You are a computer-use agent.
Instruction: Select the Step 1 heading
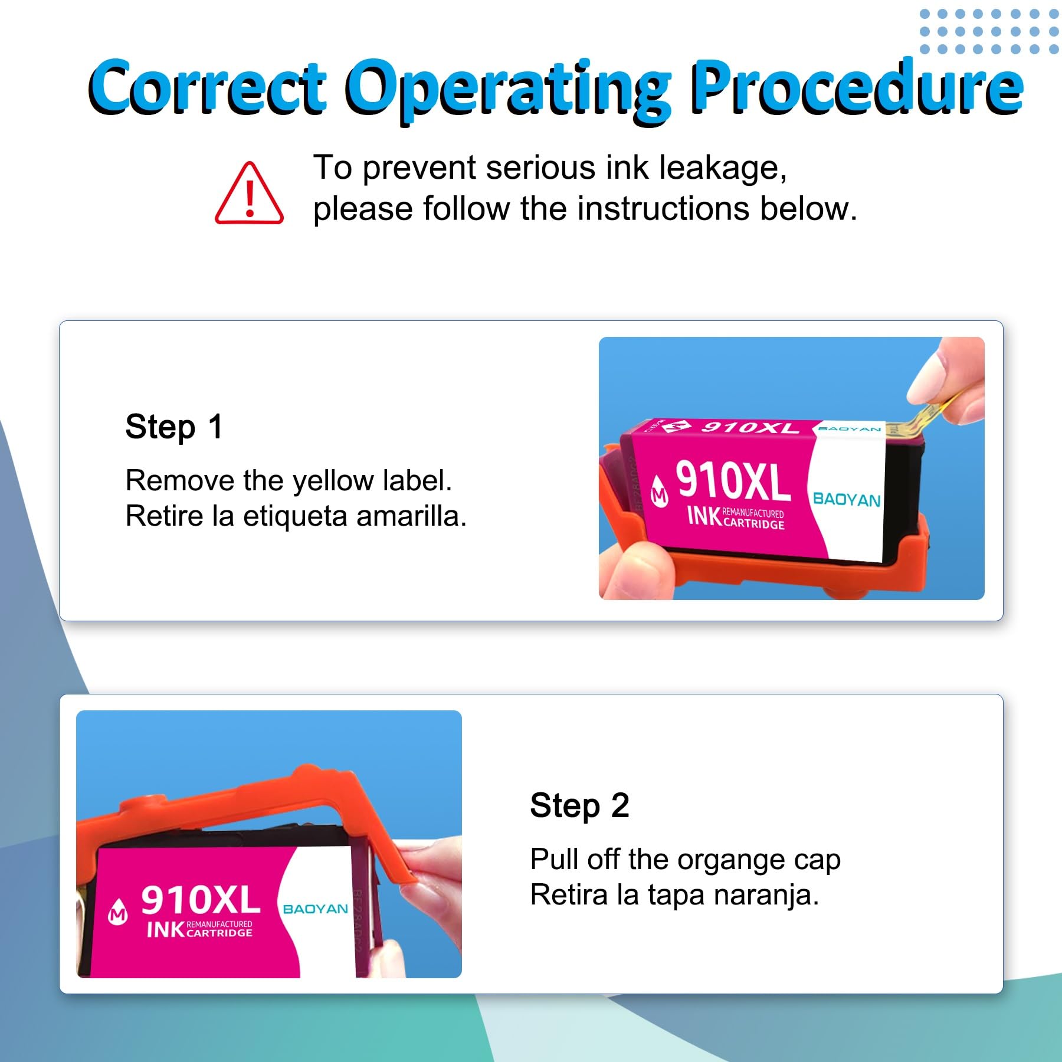pos(174,427)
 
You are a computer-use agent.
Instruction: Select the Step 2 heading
pos(579,805)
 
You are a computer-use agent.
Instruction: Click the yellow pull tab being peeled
pos(922,415)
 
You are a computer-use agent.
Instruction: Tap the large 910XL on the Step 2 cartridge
pos(201,900)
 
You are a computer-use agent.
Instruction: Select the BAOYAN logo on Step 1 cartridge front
pos(847,499)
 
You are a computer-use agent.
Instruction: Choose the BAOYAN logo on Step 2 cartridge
pos(316,909)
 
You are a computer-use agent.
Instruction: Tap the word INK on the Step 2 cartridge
pos(165,930)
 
